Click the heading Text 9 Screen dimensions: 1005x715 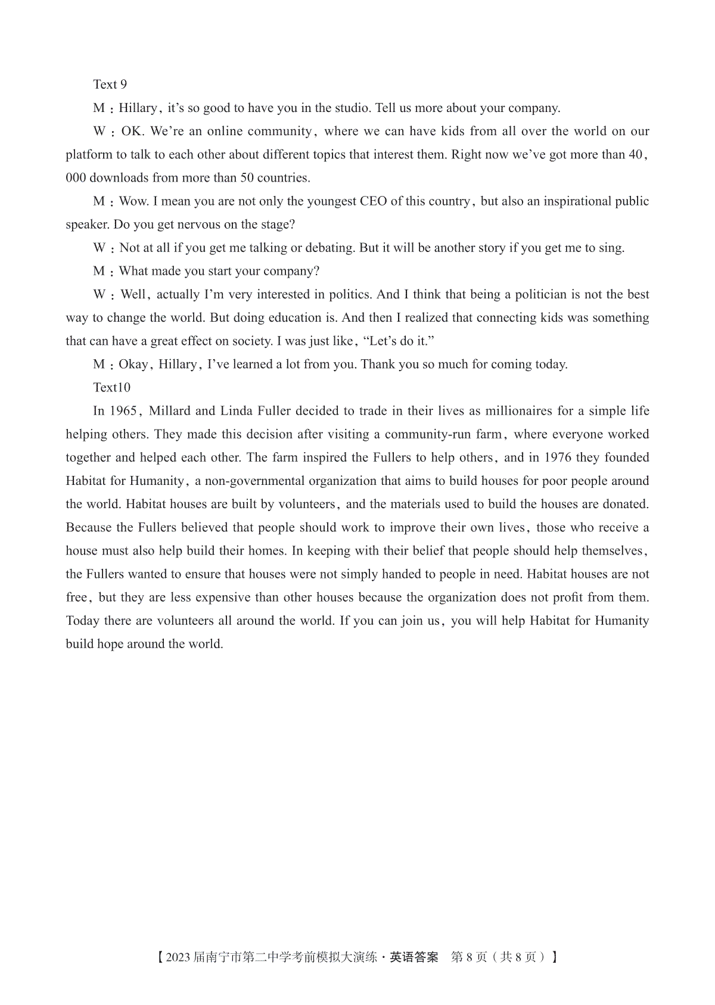point(110,85)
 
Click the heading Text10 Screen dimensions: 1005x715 point(112,388)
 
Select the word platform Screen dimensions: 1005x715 point(89,155)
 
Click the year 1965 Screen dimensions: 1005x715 point(124,411)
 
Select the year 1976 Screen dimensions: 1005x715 point(558,458)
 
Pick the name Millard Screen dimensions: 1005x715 point(169,411)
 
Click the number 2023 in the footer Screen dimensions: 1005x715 point(178,957)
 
